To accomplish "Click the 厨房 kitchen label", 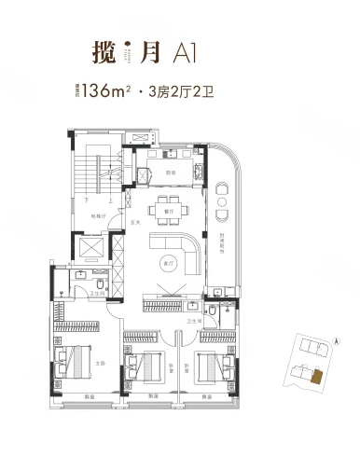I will [172, 172].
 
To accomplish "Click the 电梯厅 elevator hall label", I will [96, 216].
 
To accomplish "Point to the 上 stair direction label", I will [111, 200].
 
